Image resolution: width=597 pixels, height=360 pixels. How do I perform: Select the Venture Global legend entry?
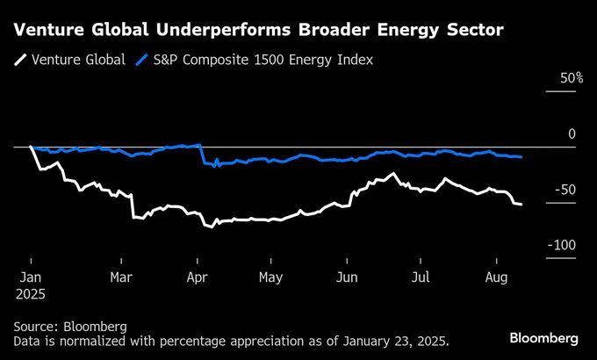pyautogui.click(x=78, y=61)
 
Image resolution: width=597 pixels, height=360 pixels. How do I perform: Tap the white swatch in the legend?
pyautogui.click(x=19, y=61)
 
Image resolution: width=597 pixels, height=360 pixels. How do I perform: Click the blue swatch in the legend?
pyautogui.click(x=143, y=61)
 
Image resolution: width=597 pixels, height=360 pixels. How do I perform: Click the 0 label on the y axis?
pyautogui.click(x=572, y=134)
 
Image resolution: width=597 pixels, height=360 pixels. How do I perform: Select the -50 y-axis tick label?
pyautogui.click(x=565, y=191)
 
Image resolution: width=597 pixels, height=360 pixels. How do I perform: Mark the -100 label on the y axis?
pyautogui.click(x=562, y=246)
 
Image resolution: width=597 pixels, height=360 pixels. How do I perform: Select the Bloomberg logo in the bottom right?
pyautogui.click(x=544, y=338)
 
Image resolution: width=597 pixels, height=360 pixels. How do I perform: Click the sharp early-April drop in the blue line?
pyautogui.click(x=202, y=155)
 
